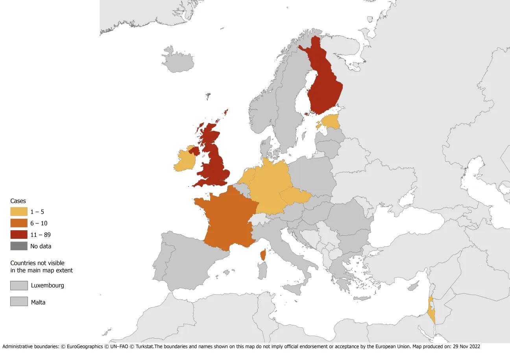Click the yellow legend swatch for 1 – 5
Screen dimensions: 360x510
(19, 212)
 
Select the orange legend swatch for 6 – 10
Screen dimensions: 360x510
(19, 223)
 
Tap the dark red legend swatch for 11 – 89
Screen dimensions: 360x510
(19, 235)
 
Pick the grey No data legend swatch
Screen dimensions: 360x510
(19, 246)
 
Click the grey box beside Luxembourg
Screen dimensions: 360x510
(19, 285)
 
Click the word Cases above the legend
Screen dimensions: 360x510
(18, 201)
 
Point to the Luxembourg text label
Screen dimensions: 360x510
(47, 285)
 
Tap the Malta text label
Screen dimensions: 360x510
(38, 302)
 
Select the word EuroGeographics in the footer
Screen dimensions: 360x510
(83, 347)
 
